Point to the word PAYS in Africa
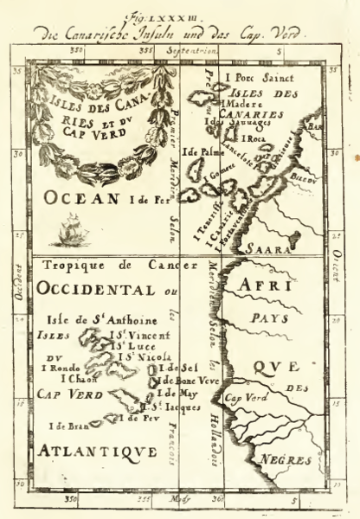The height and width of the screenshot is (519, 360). point(267,318)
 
